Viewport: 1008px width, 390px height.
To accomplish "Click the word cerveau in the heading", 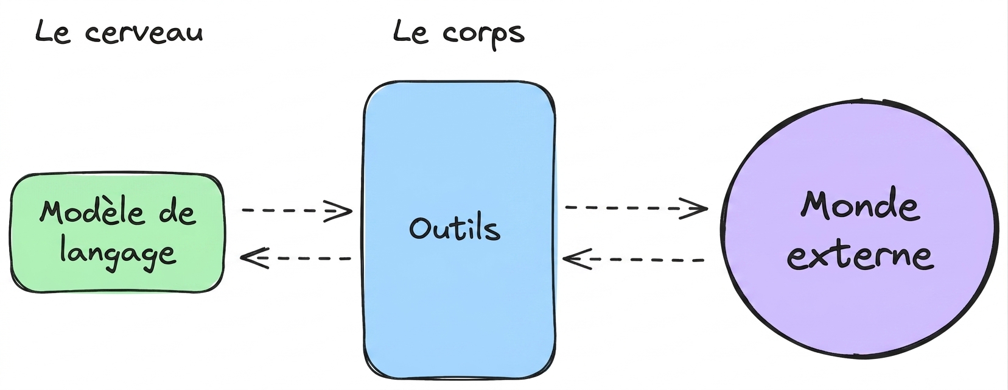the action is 144,34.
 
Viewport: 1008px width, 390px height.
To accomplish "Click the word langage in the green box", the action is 118,253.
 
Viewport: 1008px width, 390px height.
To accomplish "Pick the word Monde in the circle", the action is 859,206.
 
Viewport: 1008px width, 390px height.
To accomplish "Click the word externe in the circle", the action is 860,256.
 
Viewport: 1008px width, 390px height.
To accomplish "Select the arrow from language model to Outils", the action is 297,210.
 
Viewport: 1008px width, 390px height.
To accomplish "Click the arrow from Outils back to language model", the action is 296,258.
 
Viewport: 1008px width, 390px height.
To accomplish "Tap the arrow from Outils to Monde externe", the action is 636,208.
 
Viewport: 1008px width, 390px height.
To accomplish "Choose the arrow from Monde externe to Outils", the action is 633,260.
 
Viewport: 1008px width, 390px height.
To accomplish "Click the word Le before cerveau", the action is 52,32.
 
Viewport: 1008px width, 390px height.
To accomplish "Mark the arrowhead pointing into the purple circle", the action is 695,208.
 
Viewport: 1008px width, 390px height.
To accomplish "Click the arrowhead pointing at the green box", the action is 254,258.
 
